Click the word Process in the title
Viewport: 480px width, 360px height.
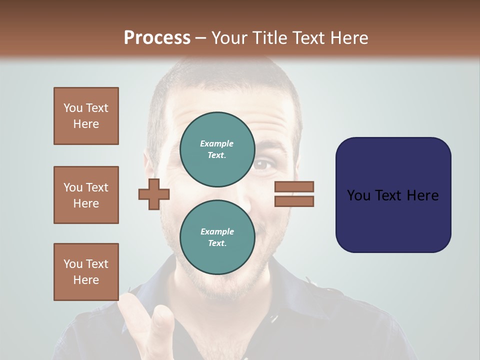pyautogui.click(x=157, y=38)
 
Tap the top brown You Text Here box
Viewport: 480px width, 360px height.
pyautogui.click(x=86, y=116)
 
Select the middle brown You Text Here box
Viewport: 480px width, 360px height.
pyautogui.click(x=86, y=195)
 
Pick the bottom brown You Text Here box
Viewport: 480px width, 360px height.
pyautogui.click(x=86, y=271)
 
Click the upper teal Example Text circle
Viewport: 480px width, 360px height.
pyautogui.click(x=217, y=149)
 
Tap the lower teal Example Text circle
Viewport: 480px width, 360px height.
pyautogui.click(x=217, y=237)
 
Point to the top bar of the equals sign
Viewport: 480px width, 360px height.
pyautogui.click(x=294, y=187)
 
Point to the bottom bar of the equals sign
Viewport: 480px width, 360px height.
pyautogui.click(x=294, y=201)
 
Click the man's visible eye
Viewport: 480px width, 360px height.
pyautogui.click(x=264, y=165)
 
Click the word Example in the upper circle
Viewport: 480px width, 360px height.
pyautogui.click(x=216, y=143)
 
